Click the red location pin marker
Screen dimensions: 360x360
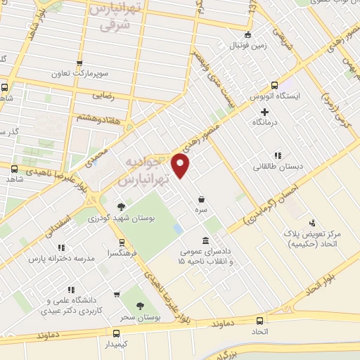tap(181, 165)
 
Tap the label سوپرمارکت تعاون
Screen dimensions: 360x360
tap(79, 73)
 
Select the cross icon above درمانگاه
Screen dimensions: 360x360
tap(264, 112)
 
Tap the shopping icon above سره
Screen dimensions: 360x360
tap(202, 199)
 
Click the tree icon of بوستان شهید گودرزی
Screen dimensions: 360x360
tap(121, 207)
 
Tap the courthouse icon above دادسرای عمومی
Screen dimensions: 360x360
tap(205, 239)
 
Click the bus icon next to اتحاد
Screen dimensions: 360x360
tap(259, 321)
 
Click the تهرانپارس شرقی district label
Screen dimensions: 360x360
tap(115, 18)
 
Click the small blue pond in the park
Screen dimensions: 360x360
tap(179, 229)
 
